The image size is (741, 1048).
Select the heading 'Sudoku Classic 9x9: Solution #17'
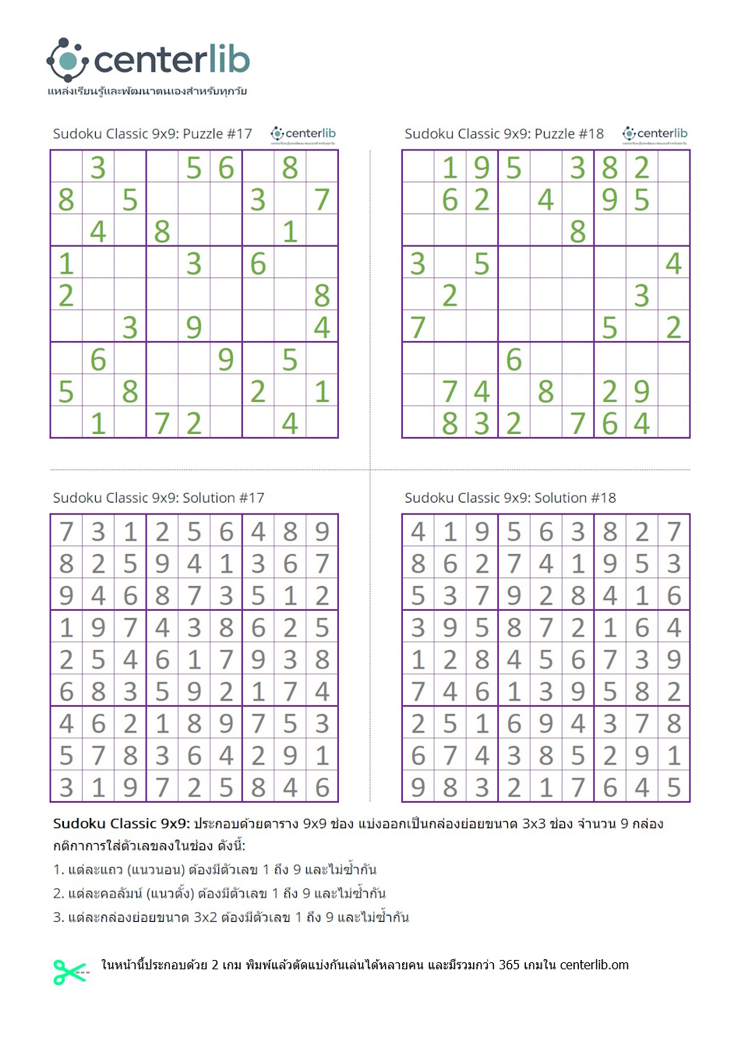pyautogui.click(x=158, y=498)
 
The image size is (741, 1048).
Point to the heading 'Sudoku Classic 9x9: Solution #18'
pyautogui.click(x=510, y=498)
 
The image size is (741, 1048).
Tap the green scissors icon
pyautogui.click(x=69, y=972)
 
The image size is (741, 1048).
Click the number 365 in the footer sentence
pyautogui.click(x=509, y=965)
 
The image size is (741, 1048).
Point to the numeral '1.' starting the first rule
pyautogui.click(x=58, y=870)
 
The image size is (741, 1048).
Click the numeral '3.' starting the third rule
pyautogui.click(x=58, y=917)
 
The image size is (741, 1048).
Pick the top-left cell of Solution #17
pyautogui.click(x=66, y=531)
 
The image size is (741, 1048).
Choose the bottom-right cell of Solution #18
pyautogui.click(x=673, y=787)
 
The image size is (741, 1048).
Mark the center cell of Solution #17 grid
pyautogui.click(x=194, y=659)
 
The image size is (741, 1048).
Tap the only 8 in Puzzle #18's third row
pyautogui.click(x=577, y=231)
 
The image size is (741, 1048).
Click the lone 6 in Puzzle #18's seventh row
pyautogui.click(x=513, y=359)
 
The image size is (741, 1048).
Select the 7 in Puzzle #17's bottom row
pyautogui.click(x=162, y=423)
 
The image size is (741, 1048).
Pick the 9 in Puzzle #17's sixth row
pyautogui.click(x=194, y=327)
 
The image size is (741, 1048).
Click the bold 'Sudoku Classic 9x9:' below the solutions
pyautogui.click(x=121, y=824)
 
